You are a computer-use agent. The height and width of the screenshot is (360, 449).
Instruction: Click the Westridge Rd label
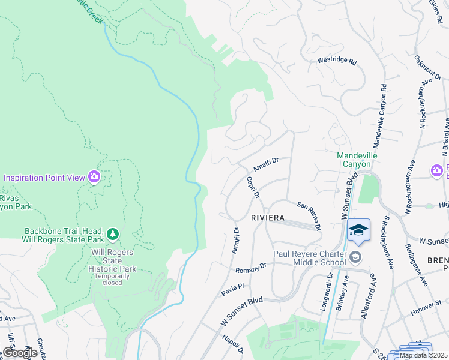(x=337, y=62)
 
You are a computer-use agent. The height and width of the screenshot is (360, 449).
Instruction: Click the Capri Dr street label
(x=253, y=187)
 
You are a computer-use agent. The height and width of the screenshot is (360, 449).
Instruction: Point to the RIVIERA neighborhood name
(x=264, y=218)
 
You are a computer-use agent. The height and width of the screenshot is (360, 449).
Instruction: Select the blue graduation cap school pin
(x=358, y=230)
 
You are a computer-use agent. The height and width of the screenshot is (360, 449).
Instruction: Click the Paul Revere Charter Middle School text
(x=310, y=257)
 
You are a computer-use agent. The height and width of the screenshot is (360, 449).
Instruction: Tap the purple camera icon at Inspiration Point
(x=94, y=176)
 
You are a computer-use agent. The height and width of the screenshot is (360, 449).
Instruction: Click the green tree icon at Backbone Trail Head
(x=112, y=233)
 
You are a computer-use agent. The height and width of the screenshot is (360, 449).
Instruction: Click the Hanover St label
(x=426, y=311)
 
